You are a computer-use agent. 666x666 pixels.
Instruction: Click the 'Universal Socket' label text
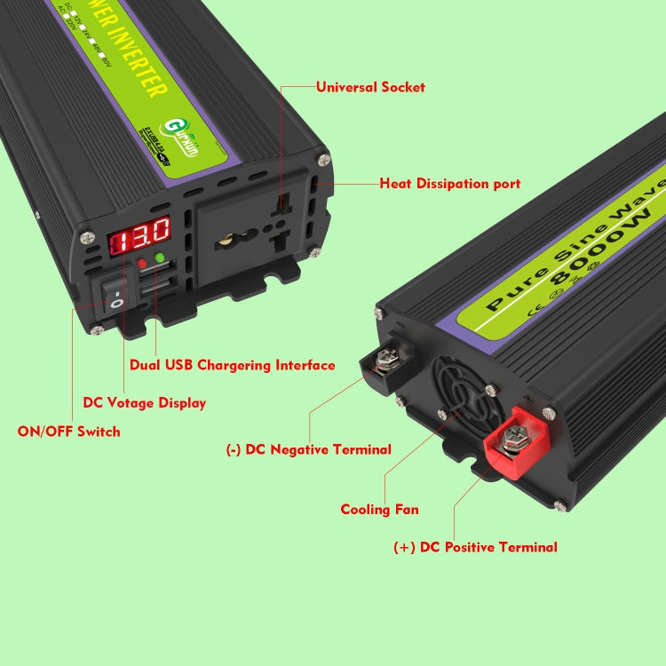(370, 87)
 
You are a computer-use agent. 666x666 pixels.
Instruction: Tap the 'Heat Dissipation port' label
(450, 184)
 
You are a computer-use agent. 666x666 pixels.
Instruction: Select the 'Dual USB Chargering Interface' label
(233, 365)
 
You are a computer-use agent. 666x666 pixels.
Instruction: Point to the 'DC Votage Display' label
(144, 402)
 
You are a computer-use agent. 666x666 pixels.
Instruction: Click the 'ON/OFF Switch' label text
(68, 432)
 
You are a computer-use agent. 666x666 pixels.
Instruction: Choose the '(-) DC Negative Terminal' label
(308, 449)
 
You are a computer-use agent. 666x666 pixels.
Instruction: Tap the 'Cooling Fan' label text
(379, 510)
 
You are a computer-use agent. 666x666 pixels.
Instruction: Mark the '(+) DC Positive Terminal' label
(475, 547)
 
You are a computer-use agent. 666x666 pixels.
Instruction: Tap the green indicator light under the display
(161, 258)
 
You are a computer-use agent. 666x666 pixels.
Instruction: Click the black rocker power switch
(115, 292)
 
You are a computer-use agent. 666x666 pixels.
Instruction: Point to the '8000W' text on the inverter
(604, 249)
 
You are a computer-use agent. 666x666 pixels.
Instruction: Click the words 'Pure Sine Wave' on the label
(569, 241)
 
